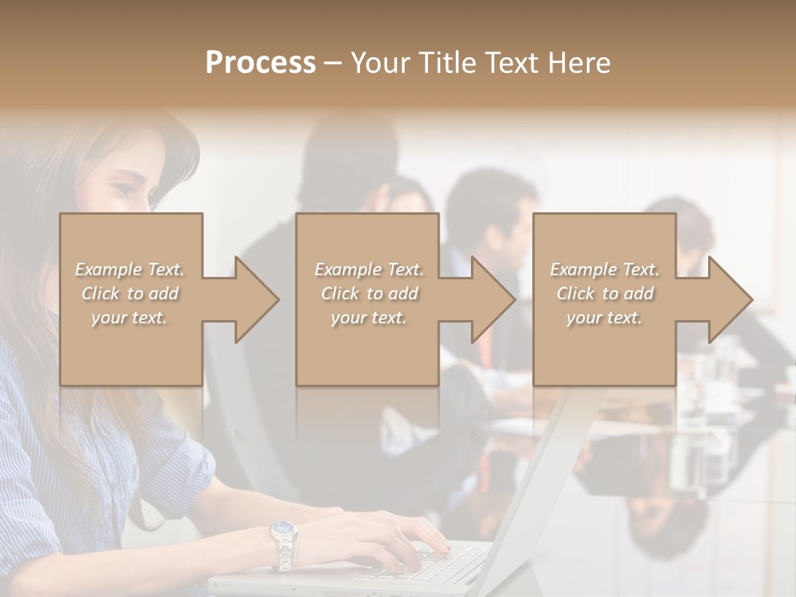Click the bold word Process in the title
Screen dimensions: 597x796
[260, 62]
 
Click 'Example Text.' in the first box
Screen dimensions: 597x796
[130, 269]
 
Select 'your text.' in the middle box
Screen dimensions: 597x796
[368, 318]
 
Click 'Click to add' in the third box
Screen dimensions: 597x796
[604, 294]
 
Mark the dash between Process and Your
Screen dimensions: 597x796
[333, 63]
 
